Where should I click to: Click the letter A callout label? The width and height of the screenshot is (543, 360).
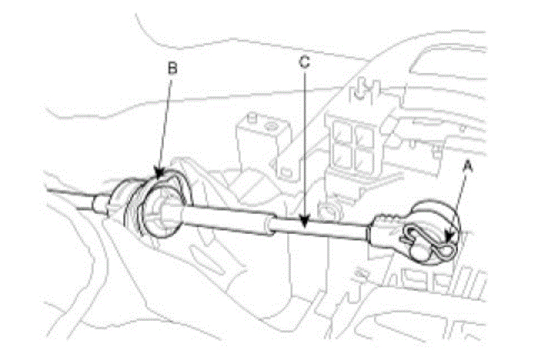468,169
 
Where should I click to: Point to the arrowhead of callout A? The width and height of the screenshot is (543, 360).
450,237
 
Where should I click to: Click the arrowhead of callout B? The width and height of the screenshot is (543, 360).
159,175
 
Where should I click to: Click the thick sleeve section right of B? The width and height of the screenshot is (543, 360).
225,218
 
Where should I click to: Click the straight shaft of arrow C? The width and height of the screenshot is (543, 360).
304,146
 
